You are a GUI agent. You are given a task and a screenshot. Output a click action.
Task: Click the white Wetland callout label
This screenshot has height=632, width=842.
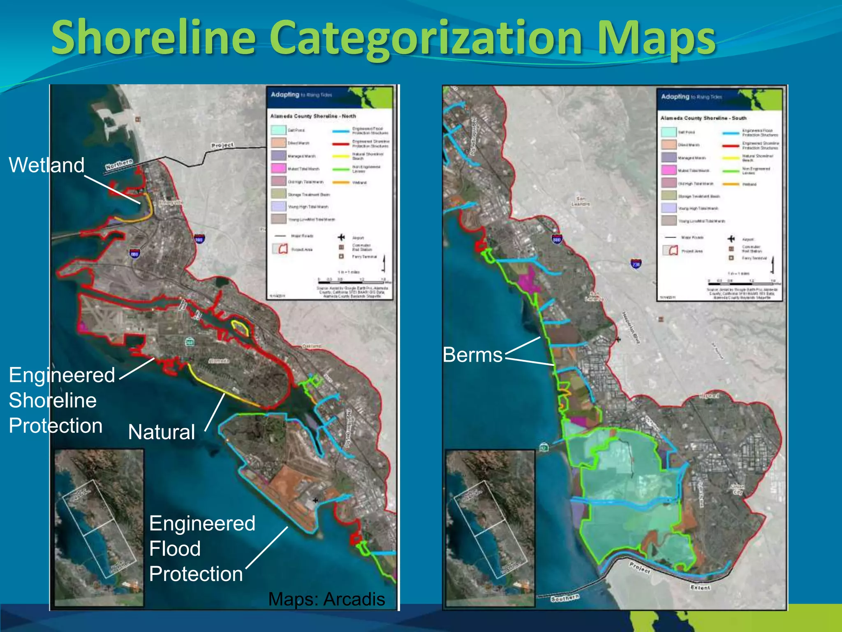click(46, 165)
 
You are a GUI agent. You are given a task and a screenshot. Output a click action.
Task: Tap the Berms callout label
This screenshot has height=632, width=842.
click(472, 355)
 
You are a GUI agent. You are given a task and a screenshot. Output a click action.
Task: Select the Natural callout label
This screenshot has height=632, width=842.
click(161, 432)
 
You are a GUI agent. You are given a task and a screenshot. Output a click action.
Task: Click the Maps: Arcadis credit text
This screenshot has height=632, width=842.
click(326, 599)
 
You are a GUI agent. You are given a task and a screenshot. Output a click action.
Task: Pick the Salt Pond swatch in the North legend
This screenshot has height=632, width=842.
click(278, 130)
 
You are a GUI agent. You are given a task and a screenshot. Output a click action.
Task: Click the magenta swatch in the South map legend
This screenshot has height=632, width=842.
click(669, 170)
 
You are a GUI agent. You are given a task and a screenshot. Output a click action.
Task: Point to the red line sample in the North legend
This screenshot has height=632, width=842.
click(341, 144)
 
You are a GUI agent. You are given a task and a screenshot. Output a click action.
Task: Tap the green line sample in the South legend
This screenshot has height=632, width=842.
click(731, 171)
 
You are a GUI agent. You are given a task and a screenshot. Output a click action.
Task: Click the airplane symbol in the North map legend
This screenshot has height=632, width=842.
click(341, 237)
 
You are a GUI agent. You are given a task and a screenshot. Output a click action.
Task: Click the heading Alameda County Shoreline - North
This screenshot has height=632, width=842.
click(313, 116)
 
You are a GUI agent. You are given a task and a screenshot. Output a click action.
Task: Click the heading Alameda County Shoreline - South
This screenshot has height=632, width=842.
click(703, 118)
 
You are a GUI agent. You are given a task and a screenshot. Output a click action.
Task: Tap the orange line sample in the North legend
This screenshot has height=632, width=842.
click(341, 182)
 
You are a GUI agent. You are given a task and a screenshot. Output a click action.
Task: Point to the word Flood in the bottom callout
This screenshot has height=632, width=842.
click(175, 549)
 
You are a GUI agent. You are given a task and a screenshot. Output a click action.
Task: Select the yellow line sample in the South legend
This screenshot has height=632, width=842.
click(731, 158)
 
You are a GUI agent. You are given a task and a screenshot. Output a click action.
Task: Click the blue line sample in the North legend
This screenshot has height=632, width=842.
click(341, 131)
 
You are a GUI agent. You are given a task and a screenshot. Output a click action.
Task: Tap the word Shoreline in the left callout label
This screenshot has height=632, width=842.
click(53, 400)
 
